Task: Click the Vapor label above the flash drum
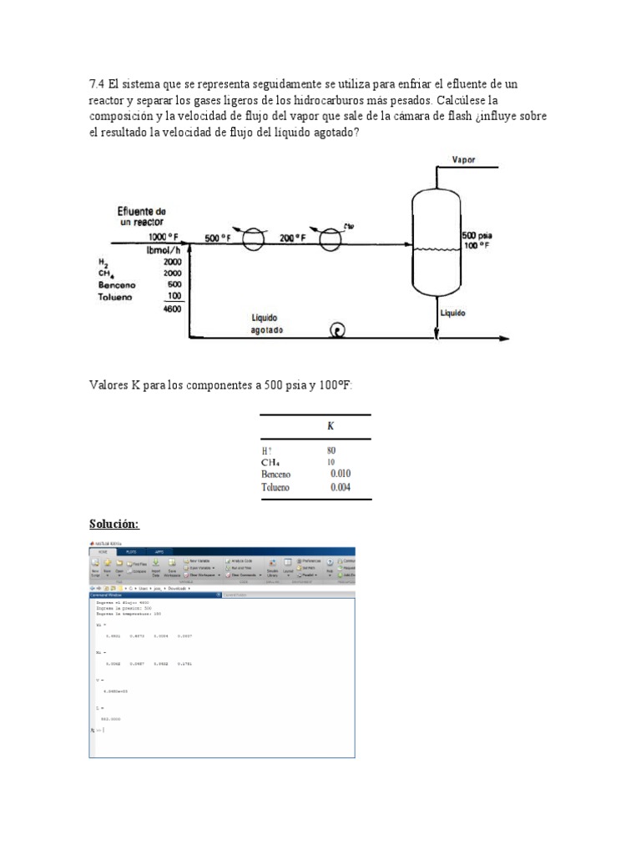point(464,159)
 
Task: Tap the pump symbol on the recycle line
point(339,330)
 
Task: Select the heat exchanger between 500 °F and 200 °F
point(253,240)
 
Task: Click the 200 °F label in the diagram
point(292,238)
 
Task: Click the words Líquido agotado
point(270,324)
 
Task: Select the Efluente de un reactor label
point(141,217)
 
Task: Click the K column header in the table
point(331,426)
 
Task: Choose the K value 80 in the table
point(332,450)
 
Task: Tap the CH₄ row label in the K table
point(270,463)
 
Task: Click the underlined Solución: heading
point(114,524)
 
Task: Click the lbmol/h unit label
point(165,249)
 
